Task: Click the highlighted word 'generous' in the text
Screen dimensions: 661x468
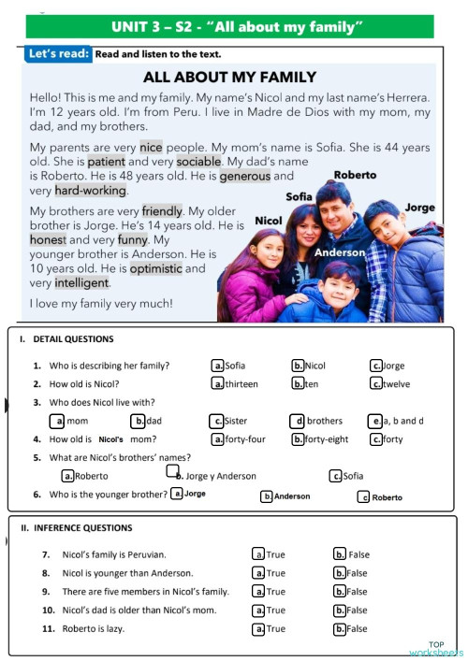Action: point(245,176)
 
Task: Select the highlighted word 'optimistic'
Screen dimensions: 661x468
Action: point(155,268)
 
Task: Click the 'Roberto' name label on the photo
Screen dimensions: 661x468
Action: point(355,175)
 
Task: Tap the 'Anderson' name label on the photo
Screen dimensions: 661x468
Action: point(340,252)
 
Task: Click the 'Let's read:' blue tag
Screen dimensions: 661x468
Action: point(60,54)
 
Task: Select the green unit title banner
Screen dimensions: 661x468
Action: point(237,27)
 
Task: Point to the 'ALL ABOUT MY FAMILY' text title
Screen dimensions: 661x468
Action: point(235,77)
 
